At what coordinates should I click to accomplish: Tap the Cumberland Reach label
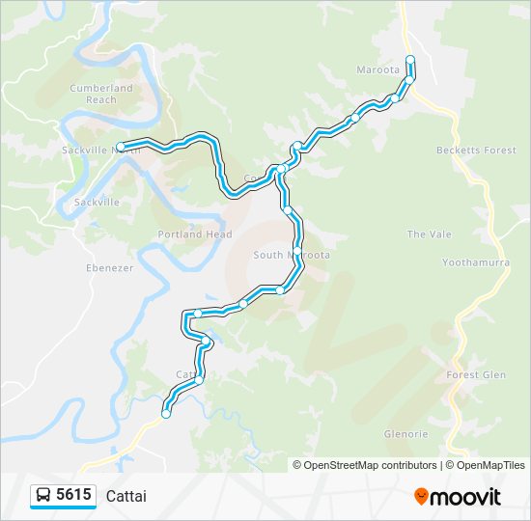pos(100,94)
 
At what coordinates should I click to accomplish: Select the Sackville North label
pos(100,151)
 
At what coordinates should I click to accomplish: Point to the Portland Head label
pos(195,234)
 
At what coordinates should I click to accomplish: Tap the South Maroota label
pos(292,255)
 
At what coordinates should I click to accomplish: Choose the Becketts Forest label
pos(476,151)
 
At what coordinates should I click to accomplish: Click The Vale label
pos(429,234)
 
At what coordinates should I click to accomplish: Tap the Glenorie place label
pos(405,433)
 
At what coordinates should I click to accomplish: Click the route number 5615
pos(74,495)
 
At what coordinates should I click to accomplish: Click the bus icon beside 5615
pos(43,496)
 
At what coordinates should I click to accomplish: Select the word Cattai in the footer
pos(126,496)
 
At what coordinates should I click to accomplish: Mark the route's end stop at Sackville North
pos(121,147)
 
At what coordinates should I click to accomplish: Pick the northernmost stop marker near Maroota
pos(410,60)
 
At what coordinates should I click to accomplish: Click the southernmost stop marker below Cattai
pos(166,414)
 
